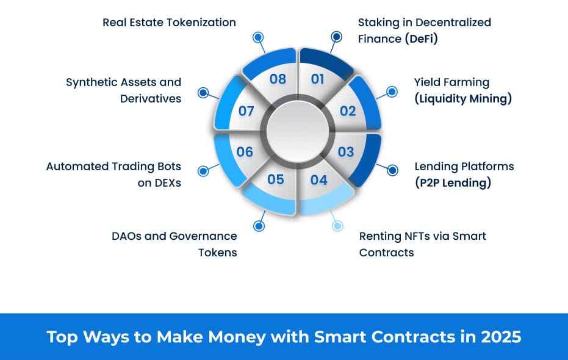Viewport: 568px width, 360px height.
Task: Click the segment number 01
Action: coord(317,79)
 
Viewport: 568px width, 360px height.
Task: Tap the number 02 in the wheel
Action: coord(348,111)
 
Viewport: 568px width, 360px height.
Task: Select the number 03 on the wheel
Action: coord(346,152)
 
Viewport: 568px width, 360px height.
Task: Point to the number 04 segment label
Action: coord(318,179)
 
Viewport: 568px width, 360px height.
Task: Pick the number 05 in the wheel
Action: coord(276,179)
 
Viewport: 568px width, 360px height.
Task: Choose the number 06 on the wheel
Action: coord(245,152)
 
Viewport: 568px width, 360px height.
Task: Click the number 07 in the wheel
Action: coord(246,111)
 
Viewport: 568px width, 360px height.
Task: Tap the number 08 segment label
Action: coord(278,79)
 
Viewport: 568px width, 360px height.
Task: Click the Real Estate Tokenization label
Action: coord(169,23)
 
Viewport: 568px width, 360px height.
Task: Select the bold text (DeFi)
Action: coord(422,39)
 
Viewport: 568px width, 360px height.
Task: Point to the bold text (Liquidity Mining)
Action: coord(463,98)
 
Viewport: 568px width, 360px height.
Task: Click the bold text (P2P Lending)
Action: coord(453,182)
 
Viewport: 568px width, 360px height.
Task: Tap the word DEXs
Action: coord(159,183)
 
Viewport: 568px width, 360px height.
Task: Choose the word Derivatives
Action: coord(151,98)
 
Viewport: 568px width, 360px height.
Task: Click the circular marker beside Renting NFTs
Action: coord(337,226)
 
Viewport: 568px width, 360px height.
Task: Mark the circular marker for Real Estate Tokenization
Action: coord(258,37)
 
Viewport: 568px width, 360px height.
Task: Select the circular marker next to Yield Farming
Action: coord(392,92)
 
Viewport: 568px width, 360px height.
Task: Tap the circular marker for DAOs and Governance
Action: coord(259,226)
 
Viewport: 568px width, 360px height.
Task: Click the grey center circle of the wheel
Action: coord(297,131)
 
